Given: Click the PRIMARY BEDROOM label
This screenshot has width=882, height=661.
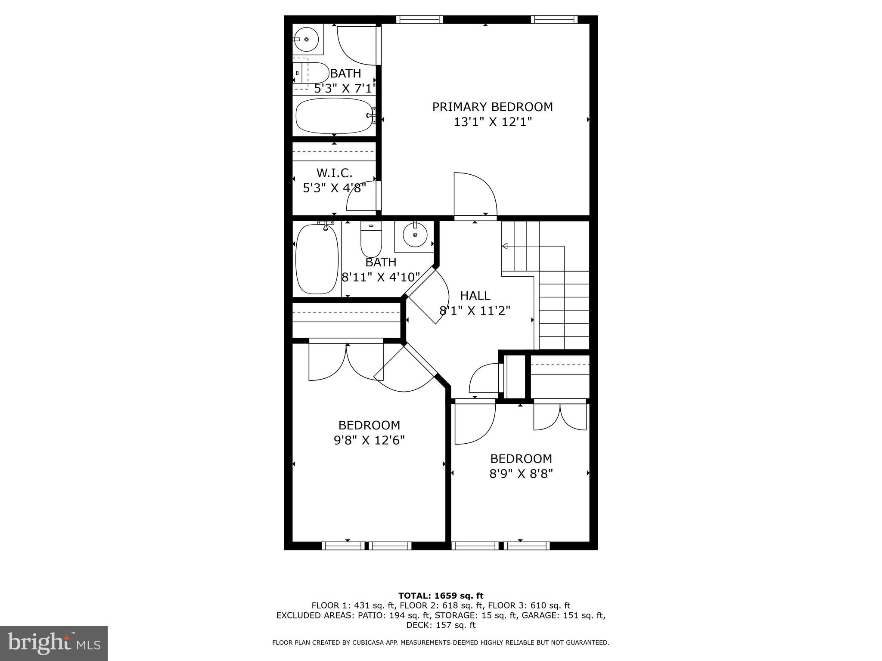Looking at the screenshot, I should point(492,107).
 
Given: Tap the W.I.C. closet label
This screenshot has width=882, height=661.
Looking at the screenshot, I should point(334,173).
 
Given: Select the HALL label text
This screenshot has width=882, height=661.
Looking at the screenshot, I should point(475,296).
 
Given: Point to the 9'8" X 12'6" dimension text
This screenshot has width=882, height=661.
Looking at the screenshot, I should point(369,440).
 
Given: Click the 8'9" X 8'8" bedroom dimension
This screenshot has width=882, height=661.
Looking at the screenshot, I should point(521,474).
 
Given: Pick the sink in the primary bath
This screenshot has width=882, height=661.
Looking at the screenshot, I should point(307,39).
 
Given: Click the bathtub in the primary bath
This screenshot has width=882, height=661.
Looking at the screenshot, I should point(334,116).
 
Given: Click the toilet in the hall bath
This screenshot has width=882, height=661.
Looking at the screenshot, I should point(371,241).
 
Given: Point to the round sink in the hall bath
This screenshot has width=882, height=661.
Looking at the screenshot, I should point(415,235).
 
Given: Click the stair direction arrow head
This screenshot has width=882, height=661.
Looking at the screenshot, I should point(505,246).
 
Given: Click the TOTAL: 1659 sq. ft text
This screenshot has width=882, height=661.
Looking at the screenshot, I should point(441,596).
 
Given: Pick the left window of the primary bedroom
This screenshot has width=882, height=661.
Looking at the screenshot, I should point(419,19).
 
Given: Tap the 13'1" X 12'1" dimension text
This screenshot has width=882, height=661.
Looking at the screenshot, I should point(492,122).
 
